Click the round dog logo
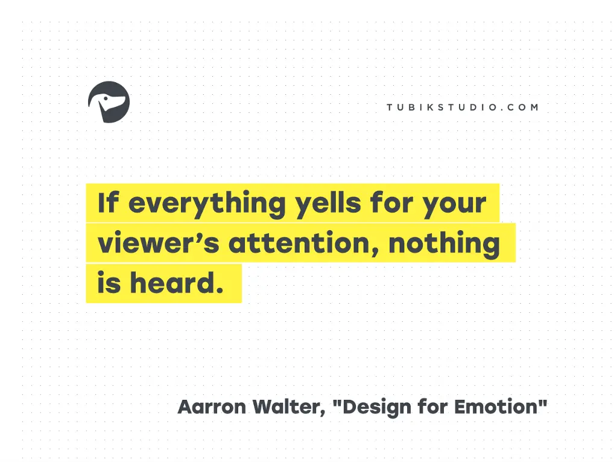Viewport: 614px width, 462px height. point(109,102)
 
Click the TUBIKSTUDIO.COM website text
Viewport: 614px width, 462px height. point(463,107)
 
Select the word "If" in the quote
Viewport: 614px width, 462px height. point(108,202)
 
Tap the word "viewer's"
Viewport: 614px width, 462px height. point(158,243)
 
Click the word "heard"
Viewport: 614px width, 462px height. point(171,283)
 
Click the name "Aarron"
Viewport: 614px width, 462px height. point(212,406)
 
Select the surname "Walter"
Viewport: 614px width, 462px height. point(286,406)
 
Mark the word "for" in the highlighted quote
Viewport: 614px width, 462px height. point(391,202)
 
